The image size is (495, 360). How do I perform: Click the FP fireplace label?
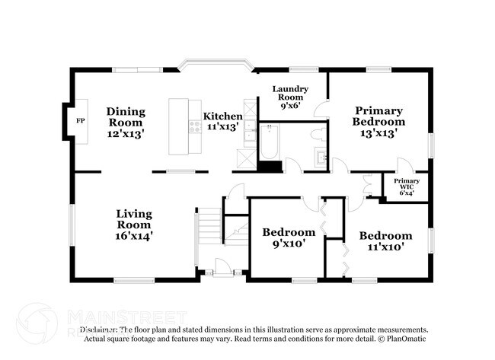[80, 121]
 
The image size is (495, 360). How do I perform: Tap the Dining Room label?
[126, 122]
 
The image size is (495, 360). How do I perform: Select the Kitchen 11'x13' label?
[222, 122]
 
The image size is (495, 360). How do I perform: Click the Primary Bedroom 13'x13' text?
[378, 121]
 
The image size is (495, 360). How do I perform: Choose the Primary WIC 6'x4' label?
[406, 186]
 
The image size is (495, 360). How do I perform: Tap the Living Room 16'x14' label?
[134, 225]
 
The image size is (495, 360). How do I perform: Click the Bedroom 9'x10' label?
[289, 238]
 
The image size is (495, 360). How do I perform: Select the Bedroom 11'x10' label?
[385, 241]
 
